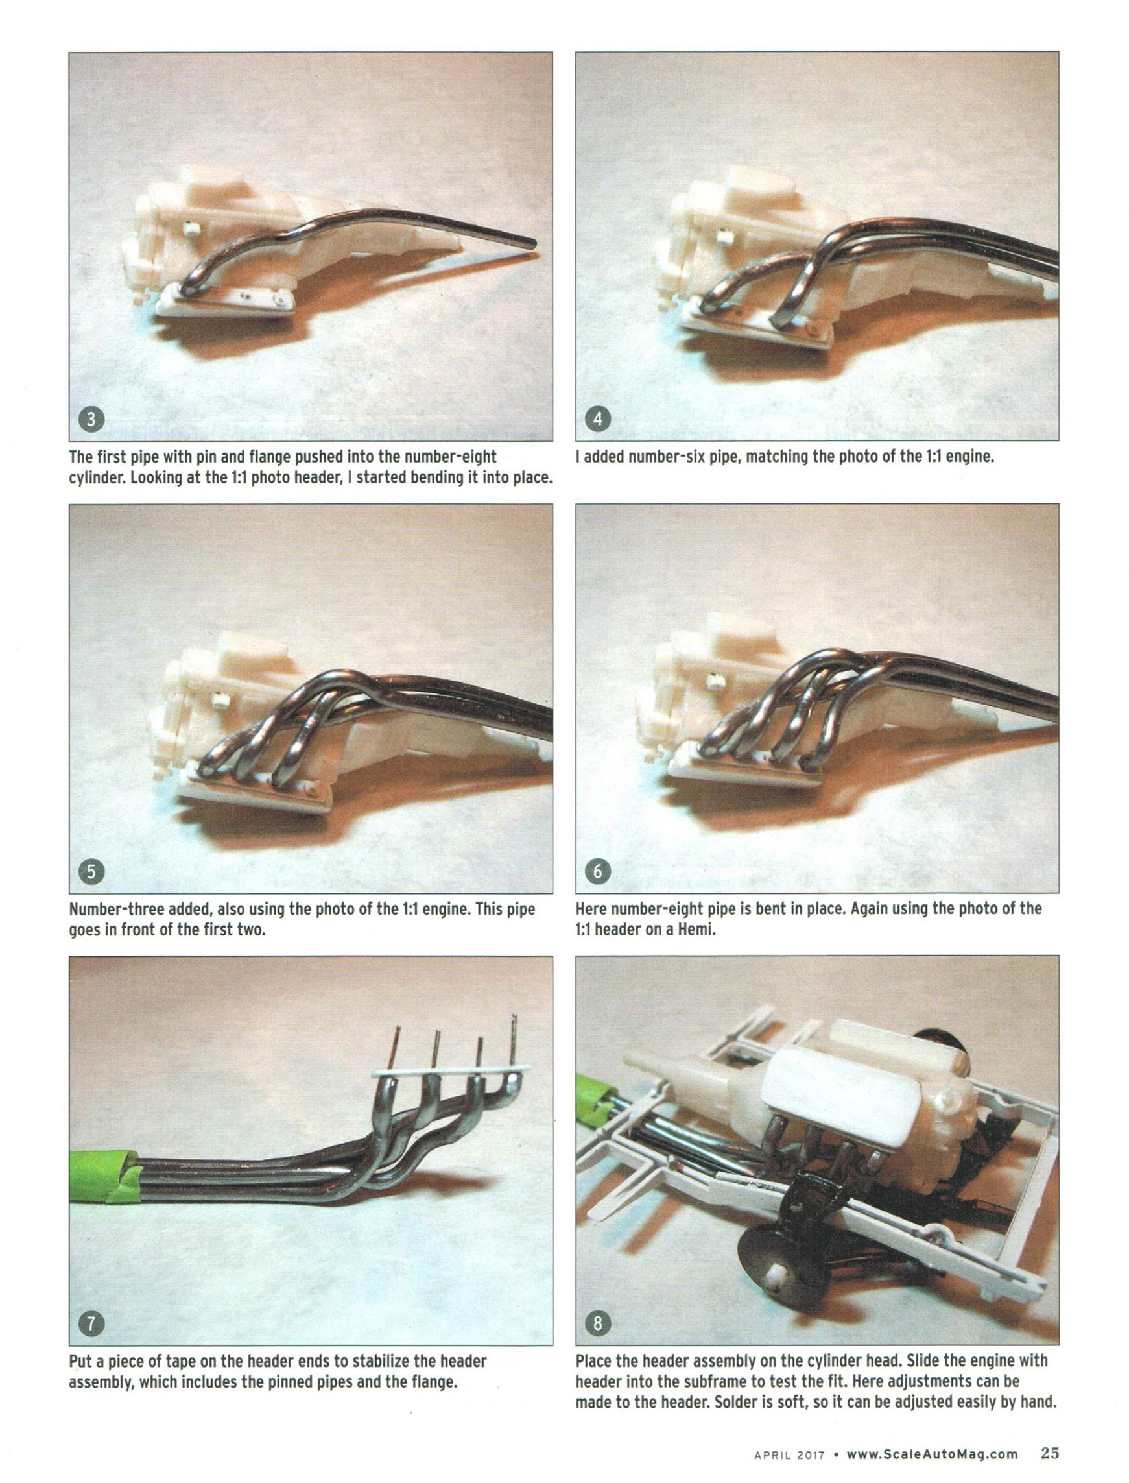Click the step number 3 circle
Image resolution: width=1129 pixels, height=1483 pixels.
[x=92, y=420]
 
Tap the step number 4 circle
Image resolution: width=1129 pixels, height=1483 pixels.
[x=598, y=420]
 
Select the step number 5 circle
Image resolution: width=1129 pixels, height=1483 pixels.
[x=92, y=872]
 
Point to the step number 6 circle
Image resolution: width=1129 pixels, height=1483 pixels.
[x=598, y=872]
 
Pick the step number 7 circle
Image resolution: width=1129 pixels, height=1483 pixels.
[x=92, y=1323]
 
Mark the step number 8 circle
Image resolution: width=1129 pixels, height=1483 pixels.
[x=598, y=1323]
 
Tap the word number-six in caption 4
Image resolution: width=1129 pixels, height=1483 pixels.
[x=661, y=457]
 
